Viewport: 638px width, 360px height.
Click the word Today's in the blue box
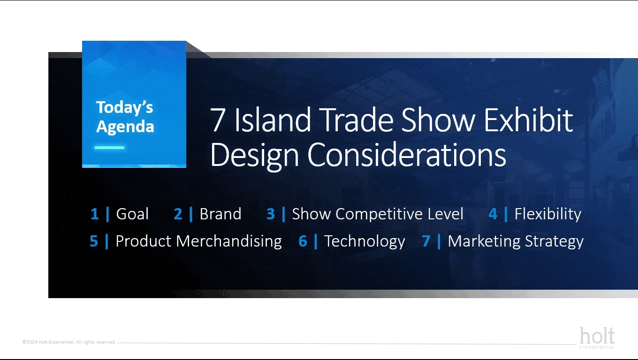(x=124, y=108)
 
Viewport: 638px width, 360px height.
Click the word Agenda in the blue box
(x=125, y=127)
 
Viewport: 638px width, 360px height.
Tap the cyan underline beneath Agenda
(x=110, y=148)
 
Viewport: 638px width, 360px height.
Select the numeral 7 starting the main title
(x=218, y=120)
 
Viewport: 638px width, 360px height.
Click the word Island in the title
(x=272, y=120)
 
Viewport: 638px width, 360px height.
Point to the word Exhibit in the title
(x=528, y=120)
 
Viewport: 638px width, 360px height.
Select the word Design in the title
(x=255, y=156)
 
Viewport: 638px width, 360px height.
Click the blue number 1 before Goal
(x=94, y=214)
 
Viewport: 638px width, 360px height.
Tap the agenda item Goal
(x=132, y=214)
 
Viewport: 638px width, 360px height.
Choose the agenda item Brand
(x=220, y=214)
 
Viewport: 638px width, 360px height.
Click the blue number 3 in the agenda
(x=271, y=214)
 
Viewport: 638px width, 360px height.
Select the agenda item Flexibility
(x=547, y=214)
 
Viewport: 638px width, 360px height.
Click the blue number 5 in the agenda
(x=94, y=241)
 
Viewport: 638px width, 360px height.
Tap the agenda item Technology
(x=365, y=241)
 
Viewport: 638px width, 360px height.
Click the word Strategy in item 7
(x=554, y=241)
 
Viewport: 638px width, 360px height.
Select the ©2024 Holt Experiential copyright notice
(x=69, y=342)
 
